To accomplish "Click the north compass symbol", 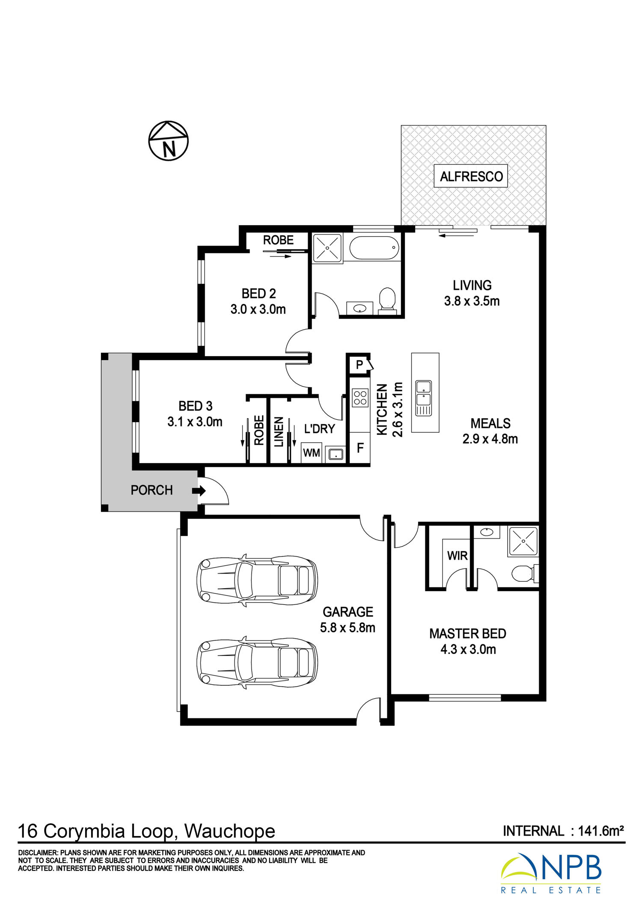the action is coord(168,141).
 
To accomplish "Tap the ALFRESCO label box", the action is coord(471,176).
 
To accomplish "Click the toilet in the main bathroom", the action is coord(387,300).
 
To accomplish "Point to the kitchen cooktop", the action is coord(360,397).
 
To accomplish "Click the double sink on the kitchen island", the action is coord(423,398).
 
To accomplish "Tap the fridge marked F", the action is coord(360,448).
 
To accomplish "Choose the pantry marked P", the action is coord(360,365).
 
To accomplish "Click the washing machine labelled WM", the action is coord(311,453).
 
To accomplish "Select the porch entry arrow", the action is coord(199,491).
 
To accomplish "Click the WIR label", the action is coord(457,556).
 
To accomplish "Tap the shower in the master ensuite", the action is coord(523,542).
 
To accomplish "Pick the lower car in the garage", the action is coord(257,662).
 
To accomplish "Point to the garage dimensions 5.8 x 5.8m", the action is coord(348,628).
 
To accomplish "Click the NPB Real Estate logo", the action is coord(551,874).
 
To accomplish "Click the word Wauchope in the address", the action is coord(230,831).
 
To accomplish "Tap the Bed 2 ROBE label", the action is coord(278,240).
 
